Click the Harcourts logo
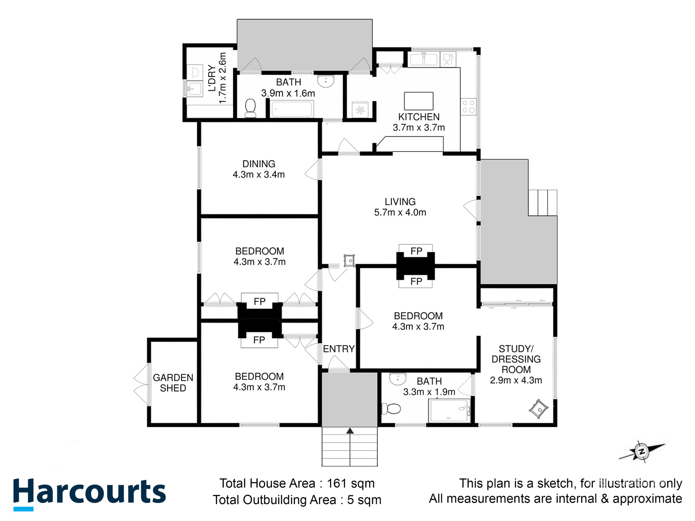pos(89,495)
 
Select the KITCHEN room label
pos(419,117)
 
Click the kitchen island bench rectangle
pos(419,101)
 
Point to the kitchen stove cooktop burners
pos(468,106)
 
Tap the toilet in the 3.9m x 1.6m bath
pos(250,108)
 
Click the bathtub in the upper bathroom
pos(292,109)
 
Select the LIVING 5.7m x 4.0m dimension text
pos(400,212)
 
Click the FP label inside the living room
pos(416,251)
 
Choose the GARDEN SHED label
pos(173,383)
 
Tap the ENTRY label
pos(338,349)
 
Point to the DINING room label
pos(259,164)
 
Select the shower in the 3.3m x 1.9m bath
pos(449,411)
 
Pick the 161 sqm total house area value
pos(351,483)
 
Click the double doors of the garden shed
pos(141,384)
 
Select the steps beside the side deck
pos(543,203)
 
